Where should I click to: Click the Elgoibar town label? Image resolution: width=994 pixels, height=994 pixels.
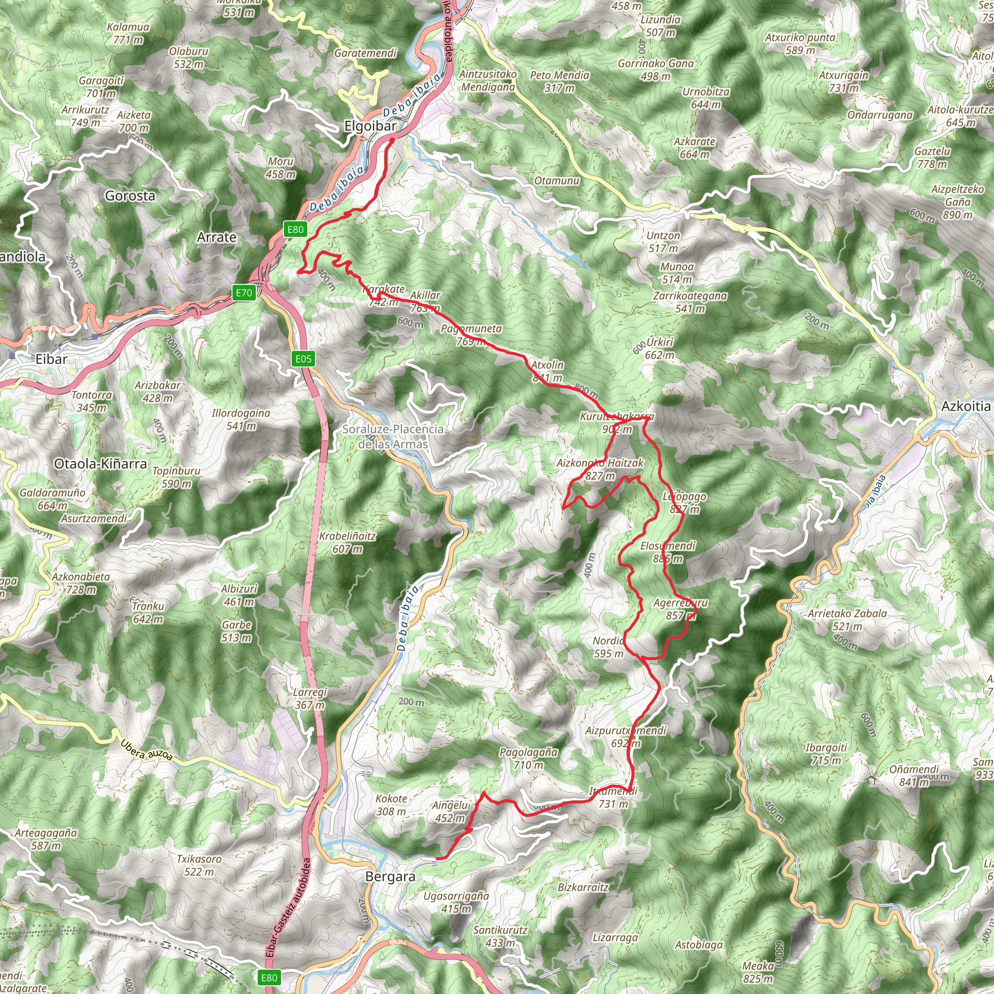pos(370,126)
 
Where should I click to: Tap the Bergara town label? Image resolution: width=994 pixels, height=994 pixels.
pos(390,877)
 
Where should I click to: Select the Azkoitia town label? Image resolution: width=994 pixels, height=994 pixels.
pos(966,406)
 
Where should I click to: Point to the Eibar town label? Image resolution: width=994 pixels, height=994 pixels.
pos(51,359)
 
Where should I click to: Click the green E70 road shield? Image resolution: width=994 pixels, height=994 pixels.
pos(244,293)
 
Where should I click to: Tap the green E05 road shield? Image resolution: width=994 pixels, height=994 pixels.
pos(303,359)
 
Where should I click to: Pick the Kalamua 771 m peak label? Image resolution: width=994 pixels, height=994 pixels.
pos(128,33)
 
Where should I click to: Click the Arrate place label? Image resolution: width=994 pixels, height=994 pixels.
pos(216,237)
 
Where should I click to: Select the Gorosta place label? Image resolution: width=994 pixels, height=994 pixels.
pos(130,196)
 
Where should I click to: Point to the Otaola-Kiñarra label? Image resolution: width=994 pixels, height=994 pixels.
pos(100,464)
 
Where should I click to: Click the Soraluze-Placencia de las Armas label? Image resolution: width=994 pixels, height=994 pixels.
pos(393,436)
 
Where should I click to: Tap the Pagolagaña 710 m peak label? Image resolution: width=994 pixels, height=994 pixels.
pos(529,759)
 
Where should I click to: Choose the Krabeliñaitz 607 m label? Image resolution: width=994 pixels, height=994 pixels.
pos(348,542)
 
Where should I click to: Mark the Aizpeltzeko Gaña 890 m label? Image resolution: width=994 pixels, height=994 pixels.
pos(957,202)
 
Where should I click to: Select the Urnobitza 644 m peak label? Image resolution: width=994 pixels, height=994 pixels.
pos(706,98)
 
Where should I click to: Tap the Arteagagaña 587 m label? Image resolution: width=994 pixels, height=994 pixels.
pos(46,839)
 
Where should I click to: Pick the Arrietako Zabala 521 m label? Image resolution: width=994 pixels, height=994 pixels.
pos(847,619)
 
